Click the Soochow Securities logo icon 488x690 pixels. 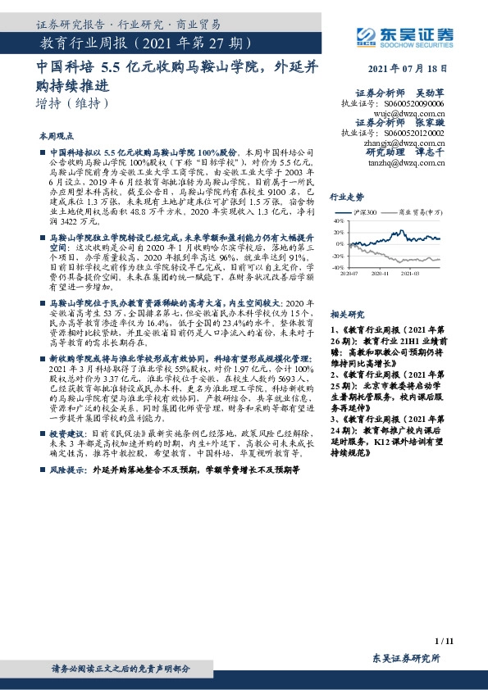coord(366,34)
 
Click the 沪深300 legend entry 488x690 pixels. coord(367,212)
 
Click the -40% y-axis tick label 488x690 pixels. coord(337,268)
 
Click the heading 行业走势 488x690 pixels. coord(346,197)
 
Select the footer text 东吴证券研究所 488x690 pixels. coord(406,659)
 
